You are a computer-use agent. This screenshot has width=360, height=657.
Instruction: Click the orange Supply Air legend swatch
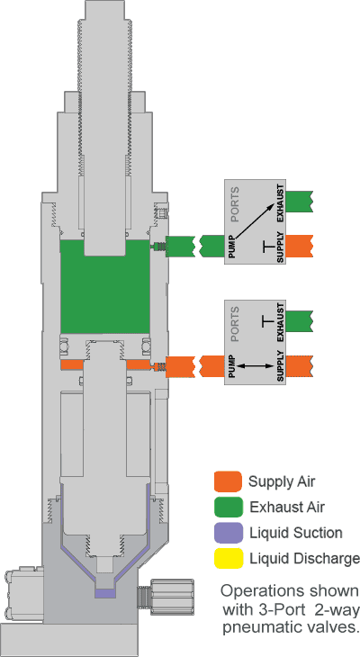228,481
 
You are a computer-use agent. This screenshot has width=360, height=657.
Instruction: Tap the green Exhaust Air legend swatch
228,507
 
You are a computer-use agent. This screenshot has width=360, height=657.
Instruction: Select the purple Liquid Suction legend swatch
228,533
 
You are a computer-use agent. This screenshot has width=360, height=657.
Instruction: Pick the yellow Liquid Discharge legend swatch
228,559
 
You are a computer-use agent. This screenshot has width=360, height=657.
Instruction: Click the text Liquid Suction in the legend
296,533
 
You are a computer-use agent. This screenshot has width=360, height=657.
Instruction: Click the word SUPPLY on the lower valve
281,364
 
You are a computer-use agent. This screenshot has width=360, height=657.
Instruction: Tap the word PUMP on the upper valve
232,247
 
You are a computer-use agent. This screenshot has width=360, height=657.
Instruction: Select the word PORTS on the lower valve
235,324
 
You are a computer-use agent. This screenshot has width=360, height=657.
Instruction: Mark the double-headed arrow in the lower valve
256,365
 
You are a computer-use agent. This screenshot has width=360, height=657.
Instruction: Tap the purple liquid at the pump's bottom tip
105,593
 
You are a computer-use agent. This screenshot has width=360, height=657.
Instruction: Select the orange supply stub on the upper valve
299,246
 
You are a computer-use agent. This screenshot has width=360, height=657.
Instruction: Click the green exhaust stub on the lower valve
299,321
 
